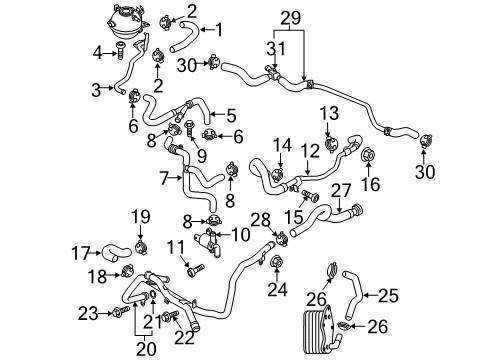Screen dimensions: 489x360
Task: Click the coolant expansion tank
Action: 127,22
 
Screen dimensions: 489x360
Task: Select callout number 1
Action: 219,30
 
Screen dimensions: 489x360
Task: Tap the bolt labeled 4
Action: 120,51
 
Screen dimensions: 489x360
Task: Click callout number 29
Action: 290,17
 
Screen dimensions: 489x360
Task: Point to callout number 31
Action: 276,48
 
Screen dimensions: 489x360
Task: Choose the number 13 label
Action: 330,113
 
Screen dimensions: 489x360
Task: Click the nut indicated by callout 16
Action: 369,154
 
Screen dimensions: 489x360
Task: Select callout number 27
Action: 341,190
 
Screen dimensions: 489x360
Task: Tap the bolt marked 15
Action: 310,195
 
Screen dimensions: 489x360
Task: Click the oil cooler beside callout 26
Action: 318,328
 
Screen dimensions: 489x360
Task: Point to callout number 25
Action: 388,295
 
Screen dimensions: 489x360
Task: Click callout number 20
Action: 146,349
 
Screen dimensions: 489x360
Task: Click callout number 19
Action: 141,216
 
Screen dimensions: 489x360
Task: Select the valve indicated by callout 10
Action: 207,243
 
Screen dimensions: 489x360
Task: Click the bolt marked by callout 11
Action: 196,270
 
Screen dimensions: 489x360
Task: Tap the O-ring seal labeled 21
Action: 153,295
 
